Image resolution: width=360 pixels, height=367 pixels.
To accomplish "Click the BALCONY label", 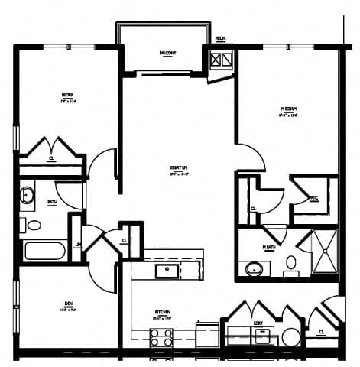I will coord(168,53).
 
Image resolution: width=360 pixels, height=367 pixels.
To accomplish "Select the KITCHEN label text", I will coord(163,312).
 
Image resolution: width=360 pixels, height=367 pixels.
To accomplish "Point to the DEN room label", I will coord(66,309).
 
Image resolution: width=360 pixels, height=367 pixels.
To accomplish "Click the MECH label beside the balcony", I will coord(220,38).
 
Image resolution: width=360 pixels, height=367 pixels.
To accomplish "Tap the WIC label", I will coord(313,198).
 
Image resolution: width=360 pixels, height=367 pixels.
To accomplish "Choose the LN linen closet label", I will coord(78,244).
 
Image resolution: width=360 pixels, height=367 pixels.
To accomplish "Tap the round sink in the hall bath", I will coord(28,195).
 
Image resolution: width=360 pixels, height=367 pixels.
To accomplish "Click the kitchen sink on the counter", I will coord(167,270).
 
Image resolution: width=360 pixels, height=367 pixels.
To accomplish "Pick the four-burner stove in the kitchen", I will coord(161,337).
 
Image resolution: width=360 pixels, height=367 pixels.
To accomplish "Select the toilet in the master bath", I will coord(291,265).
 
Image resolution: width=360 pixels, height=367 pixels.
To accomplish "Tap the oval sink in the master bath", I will coord(254,268).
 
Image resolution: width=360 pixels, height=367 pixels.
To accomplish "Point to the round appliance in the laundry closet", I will coord(290,336).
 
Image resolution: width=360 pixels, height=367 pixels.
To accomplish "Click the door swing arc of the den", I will coord(99,264).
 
